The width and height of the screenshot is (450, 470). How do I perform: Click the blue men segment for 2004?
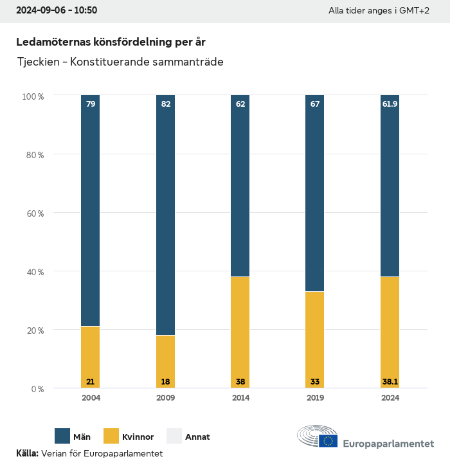[x=91, y=211]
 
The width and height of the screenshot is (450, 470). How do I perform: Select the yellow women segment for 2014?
[x=240, y=332]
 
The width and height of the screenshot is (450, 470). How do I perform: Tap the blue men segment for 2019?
[x=315, y=194]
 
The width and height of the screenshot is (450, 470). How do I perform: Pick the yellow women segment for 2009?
[x=166, y=361]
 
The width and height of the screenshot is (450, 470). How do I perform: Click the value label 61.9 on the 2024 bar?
[x=390, y=104]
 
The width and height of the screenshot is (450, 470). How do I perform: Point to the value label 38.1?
[x=390, y=382]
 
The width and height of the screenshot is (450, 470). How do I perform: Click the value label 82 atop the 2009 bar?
[x=166, y=104]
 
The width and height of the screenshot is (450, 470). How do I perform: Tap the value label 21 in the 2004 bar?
[x=91, y=382]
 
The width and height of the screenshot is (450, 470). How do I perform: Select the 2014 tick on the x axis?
[x=240, y=398]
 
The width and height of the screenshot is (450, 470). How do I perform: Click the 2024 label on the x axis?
[x=390, y=398]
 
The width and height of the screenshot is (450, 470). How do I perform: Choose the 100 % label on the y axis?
[x=33, y=96]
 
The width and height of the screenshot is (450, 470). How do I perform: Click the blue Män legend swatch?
[x=62, y=437]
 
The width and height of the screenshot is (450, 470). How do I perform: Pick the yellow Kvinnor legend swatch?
[x=112, y=437]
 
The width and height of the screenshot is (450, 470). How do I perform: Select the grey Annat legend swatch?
[x=174, y=437]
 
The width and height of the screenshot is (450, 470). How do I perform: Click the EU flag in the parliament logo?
[x=328, y=440]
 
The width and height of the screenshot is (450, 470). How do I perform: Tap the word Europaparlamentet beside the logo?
[x=388, y=444]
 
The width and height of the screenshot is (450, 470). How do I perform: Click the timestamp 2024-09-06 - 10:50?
[x=57, y=11]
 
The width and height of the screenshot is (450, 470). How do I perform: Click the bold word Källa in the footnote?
[x=27, y=454]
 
